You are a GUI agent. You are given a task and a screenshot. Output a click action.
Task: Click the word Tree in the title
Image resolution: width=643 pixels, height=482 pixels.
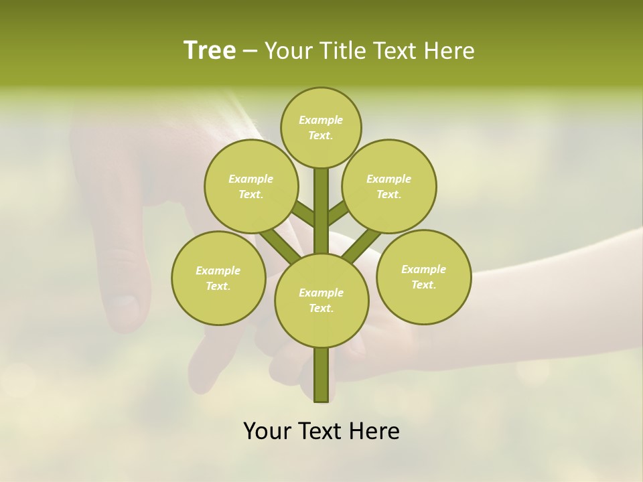pyautogui.click(x=210, y=50)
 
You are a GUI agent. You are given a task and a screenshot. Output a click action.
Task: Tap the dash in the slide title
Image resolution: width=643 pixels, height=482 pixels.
pyautogui.click(x=250, y=52)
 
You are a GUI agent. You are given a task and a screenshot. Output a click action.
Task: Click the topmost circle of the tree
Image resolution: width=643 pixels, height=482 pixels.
pyautogui.click(x=321, y=127)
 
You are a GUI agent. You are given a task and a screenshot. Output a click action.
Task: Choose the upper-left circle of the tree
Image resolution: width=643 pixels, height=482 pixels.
pyautogui.click(x=251, y=186)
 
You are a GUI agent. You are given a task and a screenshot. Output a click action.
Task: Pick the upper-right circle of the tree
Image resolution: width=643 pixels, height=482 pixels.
pyautogui.click(x=389, y=186)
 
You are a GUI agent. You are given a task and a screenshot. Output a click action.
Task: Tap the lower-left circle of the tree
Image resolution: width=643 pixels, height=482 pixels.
pyautogui.click(x=218, y=278)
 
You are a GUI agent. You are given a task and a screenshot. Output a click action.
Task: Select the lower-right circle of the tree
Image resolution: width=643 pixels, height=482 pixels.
pyautogui.click(x=423, y=276)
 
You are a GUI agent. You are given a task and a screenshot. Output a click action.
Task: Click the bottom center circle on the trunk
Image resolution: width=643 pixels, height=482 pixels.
pyautogui.click(x=321, y=300)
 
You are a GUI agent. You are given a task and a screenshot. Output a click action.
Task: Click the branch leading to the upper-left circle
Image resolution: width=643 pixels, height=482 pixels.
pyautogui.click(x=303, y=214)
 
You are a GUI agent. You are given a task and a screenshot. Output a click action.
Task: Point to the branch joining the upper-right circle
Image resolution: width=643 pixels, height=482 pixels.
pyautogui.click(x=338, y=213)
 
